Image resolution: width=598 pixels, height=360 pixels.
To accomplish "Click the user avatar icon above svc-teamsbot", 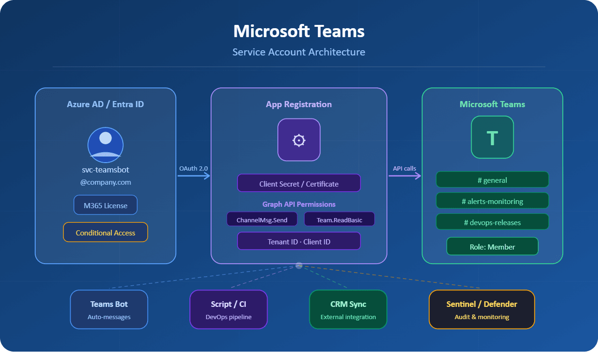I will point(105,145).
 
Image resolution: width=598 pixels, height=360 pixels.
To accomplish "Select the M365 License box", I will point(105,205).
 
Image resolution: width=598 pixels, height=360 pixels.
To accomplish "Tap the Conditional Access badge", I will point(105,233).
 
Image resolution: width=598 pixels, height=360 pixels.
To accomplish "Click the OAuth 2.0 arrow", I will point(194,176).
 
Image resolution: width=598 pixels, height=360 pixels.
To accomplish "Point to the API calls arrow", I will point(405,176).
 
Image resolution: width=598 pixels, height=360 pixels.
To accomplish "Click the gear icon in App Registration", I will point(299,140).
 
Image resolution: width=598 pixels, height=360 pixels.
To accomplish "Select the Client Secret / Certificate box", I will point(299,183).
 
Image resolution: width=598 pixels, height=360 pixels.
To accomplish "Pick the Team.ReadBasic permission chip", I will point(339,219).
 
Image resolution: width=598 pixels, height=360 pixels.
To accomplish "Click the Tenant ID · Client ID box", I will point(299,241).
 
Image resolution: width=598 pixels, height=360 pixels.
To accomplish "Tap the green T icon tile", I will point(492,137).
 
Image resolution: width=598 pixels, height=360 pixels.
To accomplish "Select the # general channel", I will point(492,180).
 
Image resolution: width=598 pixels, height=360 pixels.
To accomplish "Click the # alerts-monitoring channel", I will point(492,201).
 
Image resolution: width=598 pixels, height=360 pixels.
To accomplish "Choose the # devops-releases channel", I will point(492,222).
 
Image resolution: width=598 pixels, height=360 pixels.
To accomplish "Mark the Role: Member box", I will point(492,246).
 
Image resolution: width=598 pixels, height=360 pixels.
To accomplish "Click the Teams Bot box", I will point(109,309).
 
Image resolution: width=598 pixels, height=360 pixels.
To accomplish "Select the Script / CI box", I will point(228,309).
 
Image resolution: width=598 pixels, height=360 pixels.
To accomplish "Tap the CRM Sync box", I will point(348,309).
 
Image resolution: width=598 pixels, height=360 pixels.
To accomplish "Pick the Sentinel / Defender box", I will point(481,309).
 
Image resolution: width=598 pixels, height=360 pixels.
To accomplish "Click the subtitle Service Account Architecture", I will point(299,52).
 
